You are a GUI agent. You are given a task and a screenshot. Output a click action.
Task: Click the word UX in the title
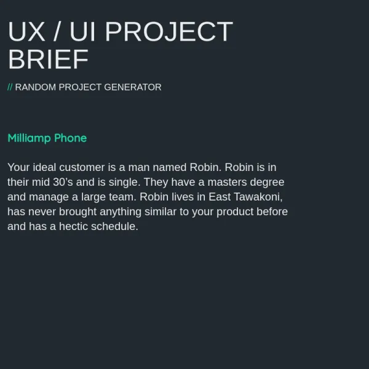point(26,31)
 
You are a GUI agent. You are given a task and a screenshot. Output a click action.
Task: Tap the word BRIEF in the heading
point(48,59)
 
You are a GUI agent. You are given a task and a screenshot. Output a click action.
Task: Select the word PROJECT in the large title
point(169,31)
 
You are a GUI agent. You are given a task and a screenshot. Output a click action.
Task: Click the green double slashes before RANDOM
point(10,87)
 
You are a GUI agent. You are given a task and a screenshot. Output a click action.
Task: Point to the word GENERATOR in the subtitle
point(133,87)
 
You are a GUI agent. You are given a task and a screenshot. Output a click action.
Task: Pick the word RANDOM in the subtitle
point(36,87)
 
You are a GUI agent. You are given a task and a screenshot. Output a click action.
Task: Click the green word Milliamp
point(29,138)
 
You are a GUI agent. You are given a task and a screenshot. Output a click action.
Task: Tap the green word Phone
point(70,138)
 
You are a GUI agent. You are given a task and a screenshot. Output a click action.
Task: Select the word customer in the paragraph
point(82,167)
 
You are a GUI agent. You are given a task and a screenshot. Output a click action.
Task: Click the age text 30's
point(63,182)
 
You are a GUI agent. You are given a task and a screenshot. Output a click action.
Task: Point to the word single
point(124,182)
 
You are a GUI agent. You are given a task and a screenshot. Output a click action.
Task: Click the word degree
point(267,183)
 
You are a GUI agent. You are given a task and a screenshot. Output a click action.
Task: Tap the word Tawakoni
point(258,197)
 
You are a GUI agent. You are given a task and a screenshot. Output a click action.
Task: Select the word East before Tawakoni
point(220,197)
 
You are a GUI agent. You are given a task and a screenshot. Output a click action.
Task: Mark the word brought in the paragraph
point(77,212)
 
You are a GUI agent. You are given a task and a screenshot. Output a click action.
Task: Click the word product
point(235,212)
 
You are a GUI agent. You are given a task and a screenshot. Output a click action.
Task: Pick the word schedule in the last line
point(114,226)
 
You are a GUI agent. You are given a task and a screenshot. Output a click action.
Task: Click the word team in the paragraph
point(122,197)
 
